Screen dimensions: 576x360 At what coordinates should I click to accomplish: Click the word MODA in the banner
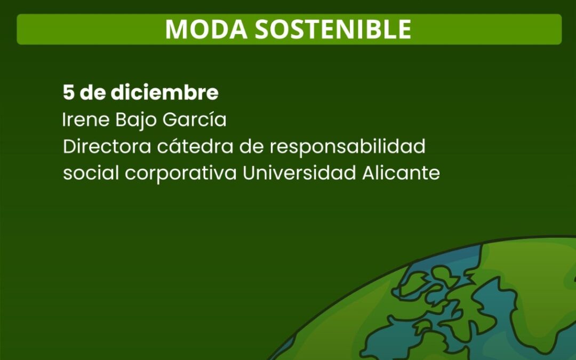pos(206,29)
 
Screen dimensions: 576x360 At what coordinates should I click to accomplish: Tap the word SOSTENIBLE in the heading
pos(333,29)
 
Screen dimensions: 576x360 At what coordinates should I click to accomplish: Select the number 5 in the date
pos(68,93)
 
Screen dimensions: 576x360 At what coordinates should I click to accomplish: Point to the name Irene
pos(86,119)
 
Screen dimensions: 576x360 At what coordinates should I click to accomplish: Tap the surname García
pos(194,119)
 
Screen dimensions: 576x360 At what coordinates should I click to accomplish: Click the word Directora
pos(107,146)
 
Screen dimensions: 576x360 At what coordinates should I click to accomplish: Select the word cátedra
pos(195,146)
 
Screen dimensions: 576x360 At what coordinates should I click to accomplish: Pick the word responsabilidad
pos(348,147)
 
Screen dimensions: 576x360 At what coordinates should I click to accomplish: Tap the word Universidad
pos(299,173)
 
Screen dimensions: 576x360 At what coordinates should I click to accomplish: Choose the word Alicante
pos(401,173)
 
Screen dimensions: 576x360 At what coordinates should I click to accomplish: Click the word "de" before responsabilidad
pos(252,146)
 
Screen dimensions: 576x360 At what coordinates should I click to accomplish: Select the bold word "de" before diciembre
pos(93,92)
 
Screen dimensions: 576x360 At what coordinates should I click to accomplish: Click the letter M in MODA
pos(176,29)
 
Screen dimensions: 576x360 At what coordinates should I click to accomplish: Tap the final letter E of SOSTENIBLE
pos(405,29)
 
